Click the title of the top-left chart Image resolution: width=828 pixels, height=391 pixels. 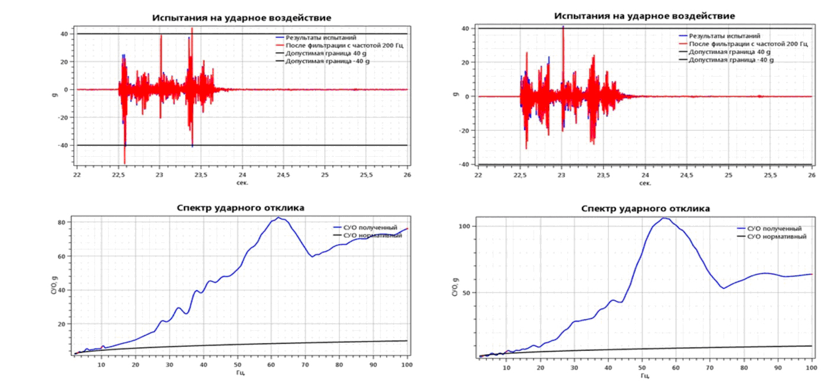pyautogui.click(x=242, y=18)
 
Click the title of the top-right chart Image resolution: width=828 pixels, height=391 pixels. pyautogui.click(x=644, y=15)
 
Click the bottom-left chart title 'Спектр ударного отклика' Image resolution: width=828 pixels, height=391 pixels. pyautogui.click(x=242, y=208)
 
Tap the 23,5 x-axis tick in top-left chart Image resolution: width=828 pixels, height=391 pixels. pyautogui.click(x=201, y=175)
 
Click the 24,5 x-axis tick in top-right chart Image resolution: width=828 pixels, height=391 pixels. pyautogui.click(x=687, y=175)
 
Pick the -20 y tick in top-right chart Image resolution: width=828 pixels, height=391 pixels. pyautogui.click(x=464, y=130)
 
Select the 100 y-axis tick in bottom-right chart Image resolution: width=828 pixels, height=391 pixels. pyautogui.click(x=463, y=226)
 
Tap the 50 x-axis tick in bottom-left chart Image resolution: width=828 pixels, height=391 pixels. pyautogui.click(x=237, y=365)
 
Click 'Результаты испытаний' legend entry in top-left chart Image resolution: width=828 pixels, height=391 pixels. pyautogui.click(x=321, y=38)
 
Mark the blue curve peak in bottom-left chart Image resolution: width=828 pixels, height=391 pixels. pyautogui.click(x=279, y=218)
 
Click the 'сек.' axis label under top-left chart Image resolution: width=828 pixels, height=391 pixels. pyautogui.click(x=242, y=182)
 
